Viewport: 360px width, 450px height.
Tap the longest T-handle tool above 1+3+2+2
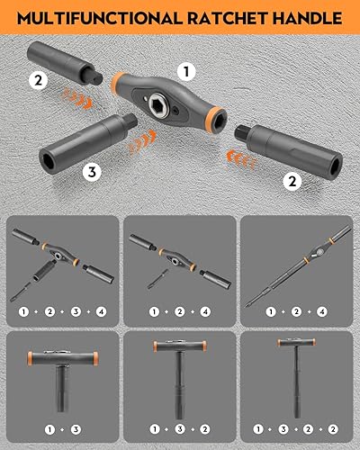(x=301, y=378)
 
